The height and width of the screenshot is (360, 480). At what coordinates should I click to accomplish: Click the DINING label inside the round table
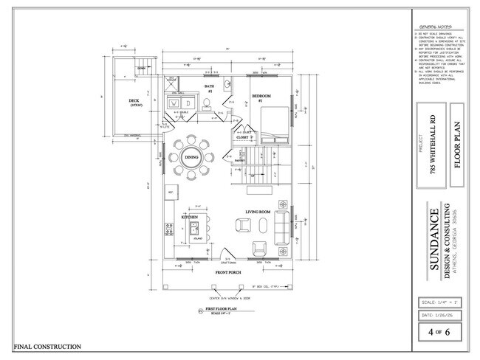[192, 157]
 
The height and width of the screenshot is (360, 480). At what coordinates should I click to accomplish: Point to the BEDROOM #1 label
[263, 97]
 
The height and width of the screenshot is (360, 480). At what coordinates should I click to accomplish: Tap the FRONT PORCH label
[228, 273]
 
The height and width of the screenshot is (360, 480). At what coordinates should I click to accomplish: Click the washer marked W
[174, 104]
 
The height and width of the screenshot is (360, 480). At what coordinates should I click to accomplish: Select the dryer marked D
[188, 104]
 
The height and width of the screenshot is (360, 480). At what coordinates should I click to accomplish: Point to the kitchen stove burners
[170, 231]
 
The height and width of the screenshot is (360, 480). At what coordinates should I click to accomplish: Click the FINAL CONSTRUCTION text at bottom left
[47, 347]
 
